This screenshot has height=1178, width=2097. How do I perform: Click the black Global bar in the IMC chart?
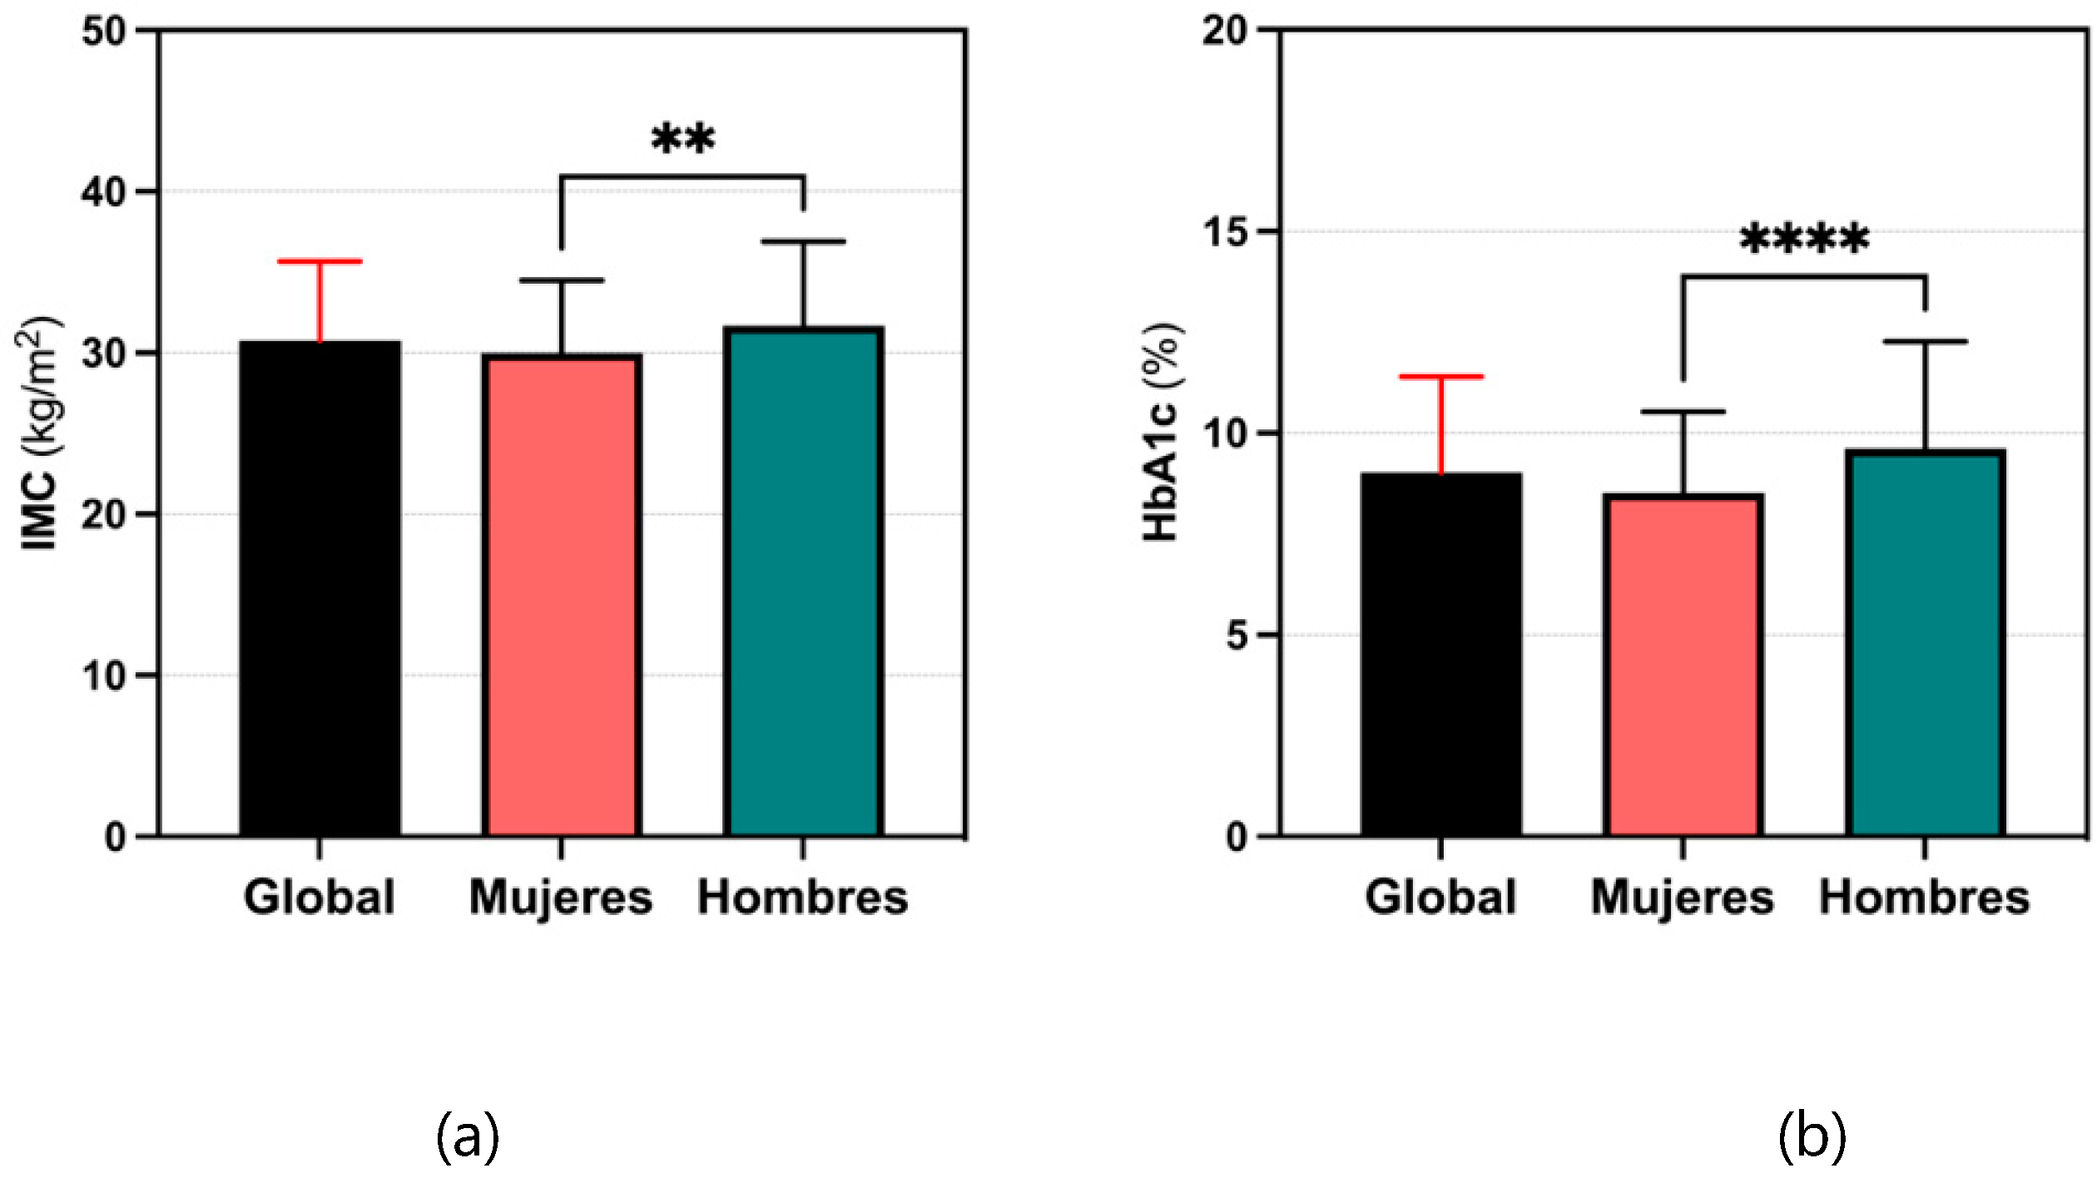(x=320, y=588)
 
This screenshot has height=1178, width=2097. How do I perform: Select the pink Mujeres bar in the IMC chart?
(x=561, y=595)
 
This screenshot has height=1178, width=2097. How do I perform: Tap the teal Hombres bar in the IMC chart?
(x=803, y=582)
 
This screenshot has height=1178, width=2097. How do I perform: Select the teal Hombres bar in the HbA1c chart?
(x=1925, y=642)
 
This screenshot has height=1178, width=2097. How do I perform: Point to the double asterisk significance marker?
(x=682, y=138)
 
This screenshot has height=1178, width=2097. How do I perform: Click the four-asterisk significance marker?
(x=1804, y=240)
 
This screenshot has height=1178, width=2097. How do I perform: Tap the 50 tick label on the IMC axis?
(x=104, y=32)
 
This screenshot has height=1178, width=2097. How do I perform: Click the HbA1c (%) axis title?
(x=1161, y=433)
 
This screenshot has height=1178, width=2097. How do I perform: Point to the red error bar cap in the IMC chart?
(x=320, y=261)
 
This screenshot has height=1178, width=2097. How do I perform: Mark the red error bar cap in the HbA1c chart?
(x=1441, y=377)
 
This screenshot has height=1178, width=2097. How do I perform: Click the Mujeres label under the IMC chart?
(x=561, y=898)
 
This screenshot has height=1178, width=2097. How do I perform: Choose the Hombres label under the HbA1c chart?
(x=1925, y=898)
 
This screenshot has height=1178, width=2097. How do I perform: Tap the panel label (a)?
(x=468, y=1136)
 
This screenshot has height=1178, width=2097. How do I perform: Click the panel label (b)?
(x=1811, y=1136)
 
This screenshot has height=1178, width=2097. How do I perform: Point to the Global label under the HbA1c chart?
(x=1441, y=898)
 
